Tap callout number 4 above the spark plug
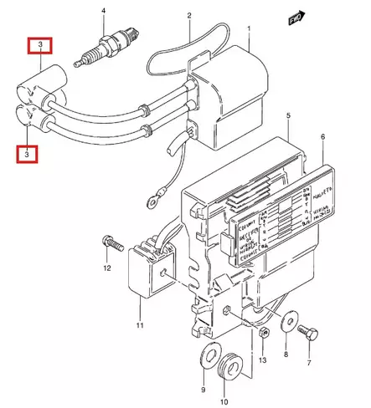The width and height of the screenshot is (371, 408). (103, 10)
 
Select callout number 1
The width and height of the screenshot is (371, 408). (249, 28)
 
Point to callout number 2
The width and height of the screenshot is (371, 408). (189, 16)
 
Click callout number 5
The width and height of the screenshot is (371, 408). (287, 114)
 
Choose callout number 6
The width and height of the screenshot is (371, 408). (322, 137)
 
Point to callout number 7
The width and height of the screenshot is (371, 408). (308, 365)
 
